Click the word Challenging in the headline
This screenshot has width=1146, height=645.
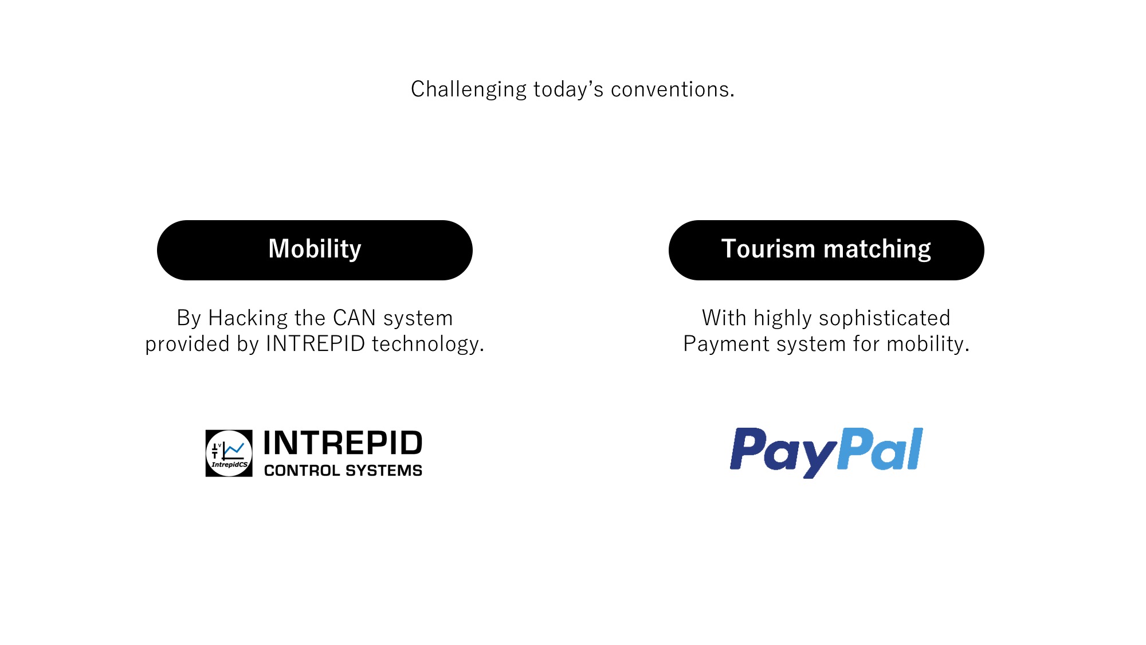click(468, 90)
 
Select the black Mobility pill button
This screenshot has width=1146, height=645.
click(315, 250)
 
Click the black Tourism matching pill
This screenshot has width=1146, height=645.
click(826, 250)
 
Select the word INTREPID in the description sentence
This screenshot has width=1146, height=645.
click(316, 343)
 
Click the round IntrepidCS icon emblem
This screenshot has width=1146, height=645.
click(229, 453)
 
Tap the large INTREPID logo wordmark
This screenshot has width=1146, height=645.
click(343, 443)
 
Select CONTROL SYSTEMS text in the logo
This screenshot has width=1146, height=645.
click(343, 471)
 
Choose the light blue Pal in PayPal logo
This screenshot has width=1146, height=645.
click(880, 449)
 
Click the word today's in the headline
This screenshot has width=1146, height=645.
click(568, 90)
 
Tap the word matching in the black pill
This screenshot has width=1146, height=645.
click(877, 250)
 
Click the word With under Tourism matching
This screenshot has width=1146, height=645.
click(724, 318)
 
